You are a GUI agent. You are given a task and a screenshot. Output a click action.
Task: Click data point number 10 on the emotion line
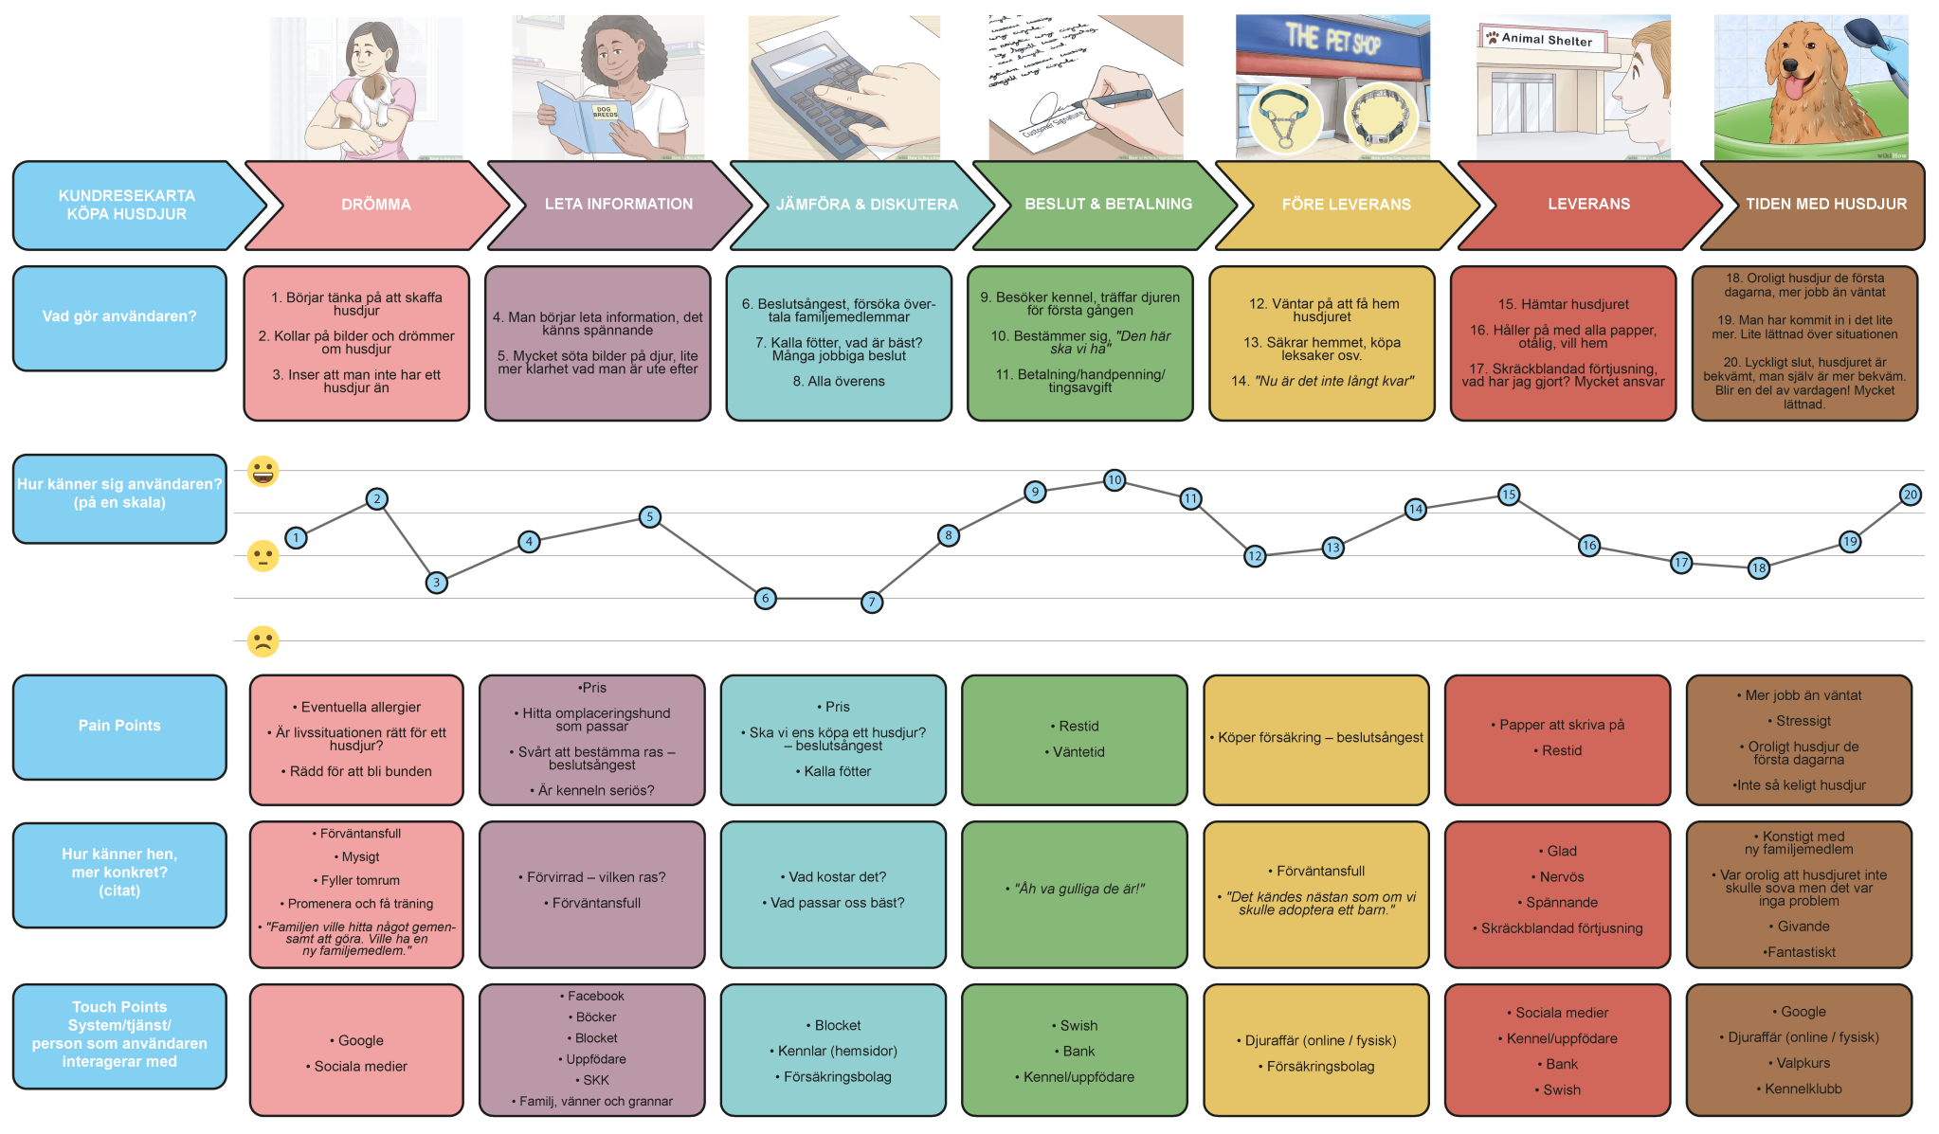(1114, 480)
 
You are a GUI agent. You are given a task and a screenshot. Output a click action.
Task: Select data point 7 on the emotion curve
(872, 602)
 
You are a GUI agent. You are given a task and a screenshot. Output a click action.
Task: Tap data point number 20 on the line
(1911, 495)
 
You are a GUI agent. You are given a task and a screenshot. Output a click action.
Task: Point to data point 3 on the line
(436, 583)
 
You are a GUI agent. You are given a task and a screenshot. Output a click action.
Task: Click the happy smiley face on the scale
(263, 471)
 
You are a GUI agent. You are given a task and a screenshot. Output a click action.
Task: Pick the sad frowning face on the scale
(263, 641)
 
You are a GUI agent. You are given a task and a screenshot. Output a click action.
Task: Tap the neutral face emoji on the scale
(263, 556)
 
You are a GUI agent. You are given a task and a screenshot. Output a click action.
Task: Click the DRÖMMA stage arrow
(376, 205)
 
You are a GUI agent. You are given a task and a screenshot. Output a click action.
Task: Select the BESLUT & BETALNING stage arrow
(1107, 205)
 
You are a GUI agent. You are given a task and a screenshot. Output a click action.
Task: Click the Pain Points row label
(119, 726)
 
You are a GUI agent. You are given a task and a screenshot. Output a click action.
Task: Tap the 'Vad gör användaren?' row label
(119, 316)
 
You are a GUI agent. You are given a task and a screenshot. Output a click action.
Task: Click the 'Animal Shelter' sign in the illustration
(1546, 39)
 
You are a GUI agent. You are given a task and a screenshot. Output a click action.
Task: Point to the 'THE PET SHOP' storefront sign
(1332, 39)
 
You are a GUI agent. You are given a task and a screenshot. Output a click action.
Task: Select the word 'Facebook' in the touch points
(596, 997)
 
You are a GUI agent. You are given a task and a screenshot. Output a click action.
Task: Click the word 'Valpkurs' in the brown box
(1803, 1064)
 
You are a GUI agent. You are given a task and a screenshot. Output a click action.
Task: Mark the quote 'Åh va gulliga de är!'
(1079, 889)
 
